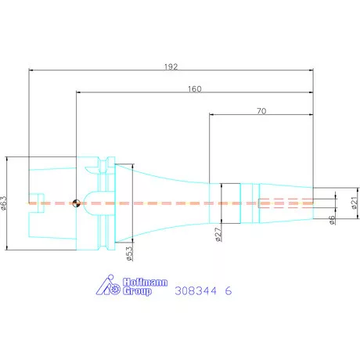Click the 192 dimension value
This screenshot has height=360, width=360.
coord(171,67)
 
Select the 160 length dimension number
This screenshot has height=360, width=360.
coord(195,89)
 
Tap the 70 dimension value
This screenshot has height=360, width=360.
coord(261,111)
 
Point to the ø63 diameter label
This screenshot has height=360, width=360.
coord(4,203)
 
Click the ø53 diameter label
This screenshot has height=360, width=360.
coord(129,254)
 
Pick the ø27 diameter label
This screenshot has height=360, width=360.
coord(218,234)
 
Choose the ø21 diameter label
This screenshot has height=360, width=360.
coord(355,203)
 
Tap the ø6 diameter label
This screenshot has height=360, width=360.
coord(332,220)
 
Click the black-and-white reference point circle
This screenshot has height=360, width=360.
coord(76,203)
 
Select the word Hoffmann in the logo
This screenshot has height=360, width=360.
coord(145,282)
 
